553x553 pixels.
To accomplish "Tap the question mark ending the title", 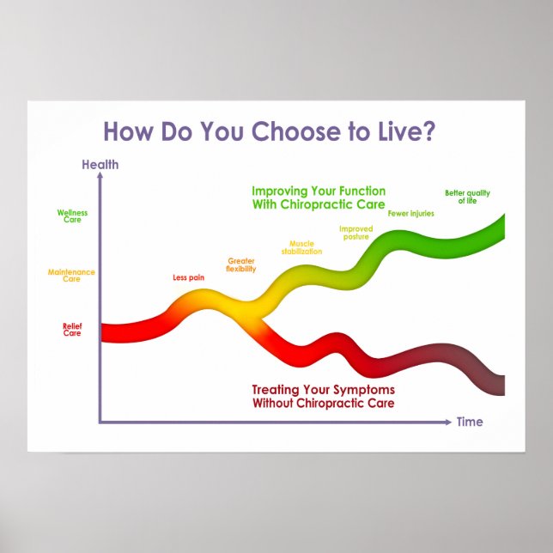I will pyautogui.click(x=429, y=131).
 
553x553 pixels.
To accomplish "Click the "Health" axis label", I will pyautogui.click(x=100, y=165).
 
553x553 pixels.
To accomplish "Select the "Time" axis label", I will pyautogui.click(x=470, y=422).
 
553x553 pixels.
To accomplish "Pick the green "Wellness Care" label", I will pyautogui.click(x=72, y=216).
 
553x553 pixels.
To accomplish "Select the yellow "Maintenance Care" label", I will pyautogui.click(x=71, y=276).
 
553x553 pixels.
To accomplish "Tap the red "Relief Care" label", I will pyautogui.click(x=72, y=329).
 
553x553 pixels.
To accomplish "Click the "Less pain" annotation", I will pyautogui.click(x=188, y=277).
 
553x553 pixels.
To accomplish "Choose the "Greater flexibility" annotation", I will pyautogui.click(x=240, y=264).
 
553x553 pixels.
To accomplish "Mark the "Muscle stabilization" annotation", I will pyautogui.click(x=301, y=247).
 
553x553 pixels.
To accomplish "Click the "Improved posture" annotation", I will pyautogui.click(x=355, y=232).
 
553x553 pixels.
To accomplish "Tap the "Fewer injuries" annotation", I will pyautogui.click(x=410, y=213).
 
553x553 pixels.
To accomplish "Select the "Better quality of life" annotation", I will pyautogui.click(x=467, y=196).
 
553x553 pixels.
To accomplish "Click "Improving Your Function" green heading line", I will pyautogui.click(x=319, y=191).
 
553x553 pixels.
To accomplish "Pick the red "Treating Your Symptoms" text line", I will pyautogui.click(x=323, y=390).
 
